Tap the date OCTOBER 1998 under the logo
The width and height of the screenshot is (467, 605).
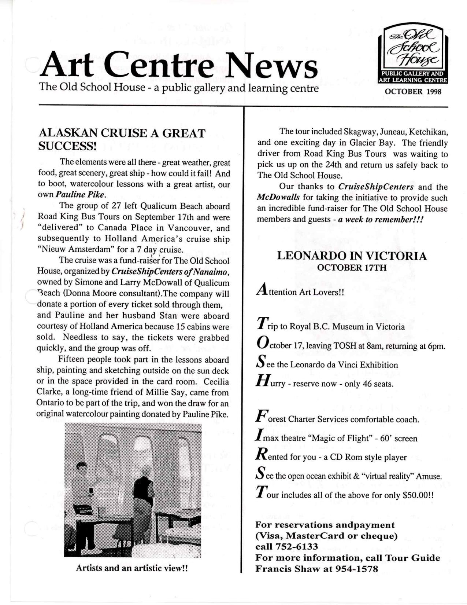[413, 92]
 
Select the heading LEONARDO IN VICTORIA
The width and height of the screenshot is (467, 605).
[352, 256]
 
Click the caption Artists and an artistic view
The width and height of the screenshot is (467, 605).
[132, 568]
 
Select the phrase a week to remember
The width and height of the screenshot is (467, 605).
[380, 220]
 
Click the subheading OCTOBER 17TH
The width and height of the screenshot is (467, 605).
[352, 268]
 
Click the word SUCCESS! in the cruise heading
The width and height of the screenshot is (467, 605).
[67, 146]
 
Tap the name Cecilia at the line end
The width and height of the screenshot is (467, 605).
[216, 382]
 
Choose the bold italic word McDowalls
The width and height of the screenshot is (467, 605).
[278, 198]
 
